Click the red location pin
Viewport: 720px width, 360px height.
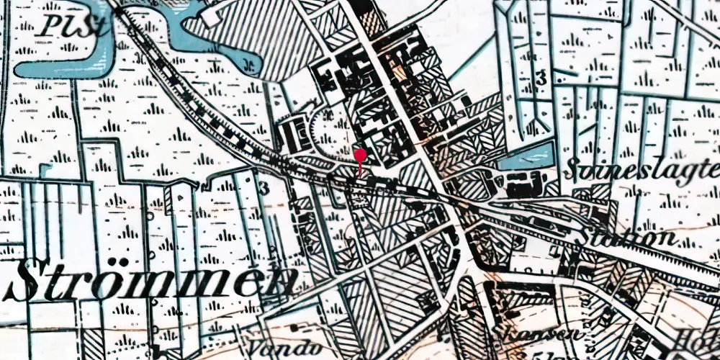pos(361,156)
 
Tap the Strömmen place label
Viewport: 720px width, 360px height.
pos(151,280)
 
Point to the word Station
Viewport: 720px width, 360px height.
pos(631,237)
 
